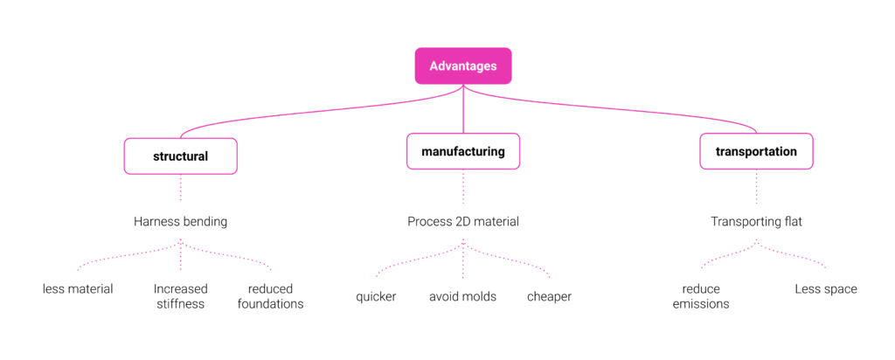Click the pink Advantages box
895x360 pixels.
(463, 66)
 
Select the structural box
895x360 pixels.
(180, 156)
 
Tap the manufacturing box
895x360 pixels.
(463, 151)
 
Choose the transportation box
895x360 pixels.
(756, 151)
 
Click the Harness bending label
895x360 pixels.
(180, 222)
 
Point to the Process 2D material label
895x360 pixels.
(463, 222)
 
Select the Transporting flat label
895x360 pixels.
(756, 222)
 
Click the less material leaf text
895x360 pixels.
(78, 289)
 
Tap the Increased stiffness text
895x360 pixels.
(180, 296)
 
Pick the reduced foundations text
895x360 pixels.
(271, 296)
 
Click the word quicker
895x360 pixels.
(376, 297)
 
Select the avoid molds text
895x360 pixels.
(463, 297)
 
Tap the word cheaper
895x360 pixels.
(549, 297)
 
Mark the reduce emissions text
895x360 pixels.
(701, 296)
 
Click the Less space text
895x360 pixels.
(826, 289)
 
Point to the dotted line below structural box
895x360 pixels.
(180, 187)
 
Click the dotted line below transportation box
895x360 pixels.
(756, 187)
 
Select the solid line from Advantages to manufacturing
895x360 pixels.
(463, 109)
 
